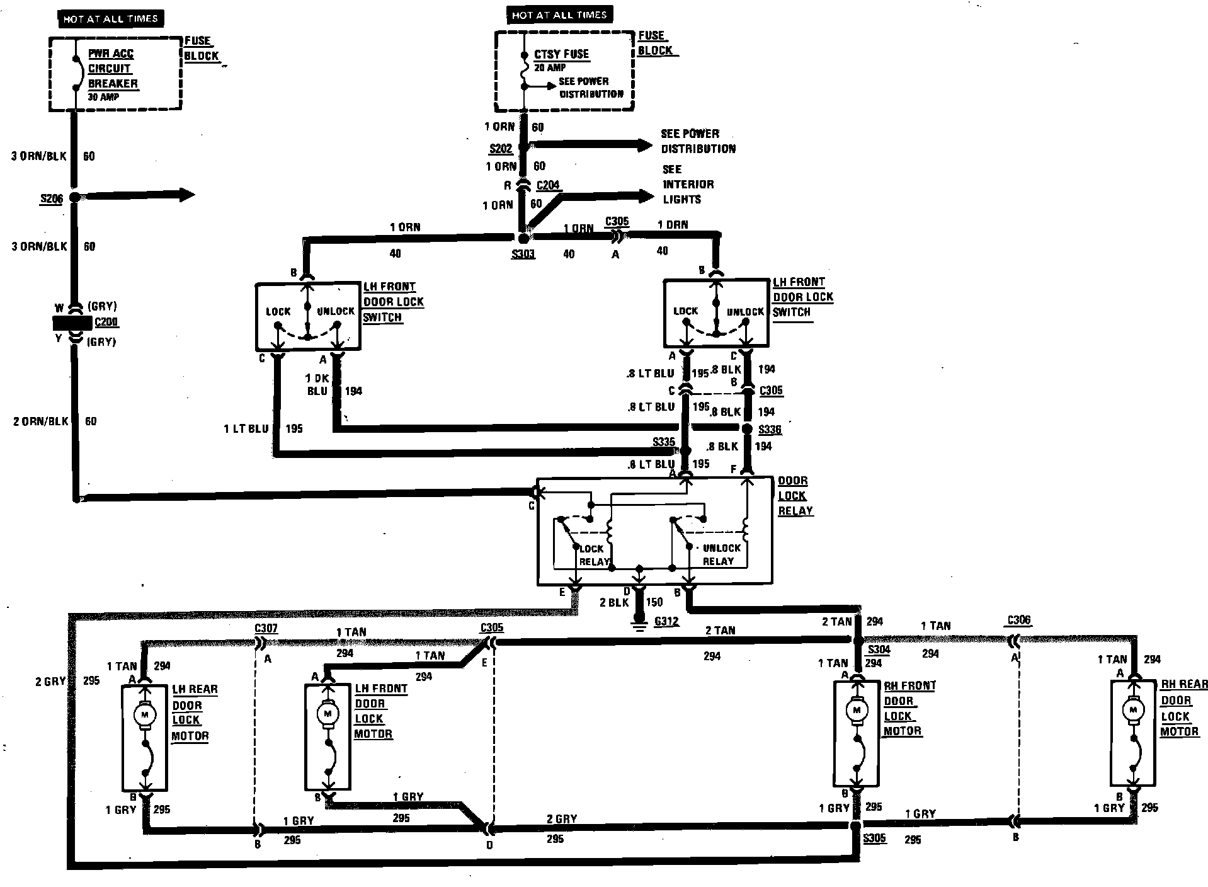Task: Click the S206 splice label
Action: (x=52, y=199)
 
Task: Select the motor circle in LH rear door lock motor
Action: (x=145, y=714)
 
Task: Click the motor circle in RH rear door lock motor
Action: (x=1133, y=711)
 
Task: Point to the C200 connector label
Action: (x=106, y=323)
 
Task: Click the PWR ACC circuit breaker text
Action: (x=112, y=69)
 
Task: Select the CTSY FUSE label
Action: (x=561, y=54)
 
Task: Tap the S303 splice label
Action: (x=523, y=255)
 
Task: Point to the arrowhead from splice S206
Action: (x=186, y=195)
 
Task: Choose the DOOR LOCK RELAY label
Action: (x=795, y=496)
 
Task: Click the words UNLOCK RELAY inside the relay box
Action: (x=719, y=554)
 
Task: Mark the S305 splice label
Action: (x=874, y=838)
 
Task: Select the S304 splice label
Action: (x=879, y=650)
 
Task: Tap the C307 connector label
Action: (x=266, y=628)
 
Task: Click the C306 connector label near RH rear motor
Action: (x=1018, y=620)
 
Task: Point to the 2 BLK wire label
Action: (x=613, y=602)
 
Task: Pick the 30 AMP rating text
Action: (x=103, y=97)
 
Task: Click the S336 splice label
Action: (x=770, y=430)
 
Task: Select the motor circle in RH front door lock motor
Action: (x=856, y=711)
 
